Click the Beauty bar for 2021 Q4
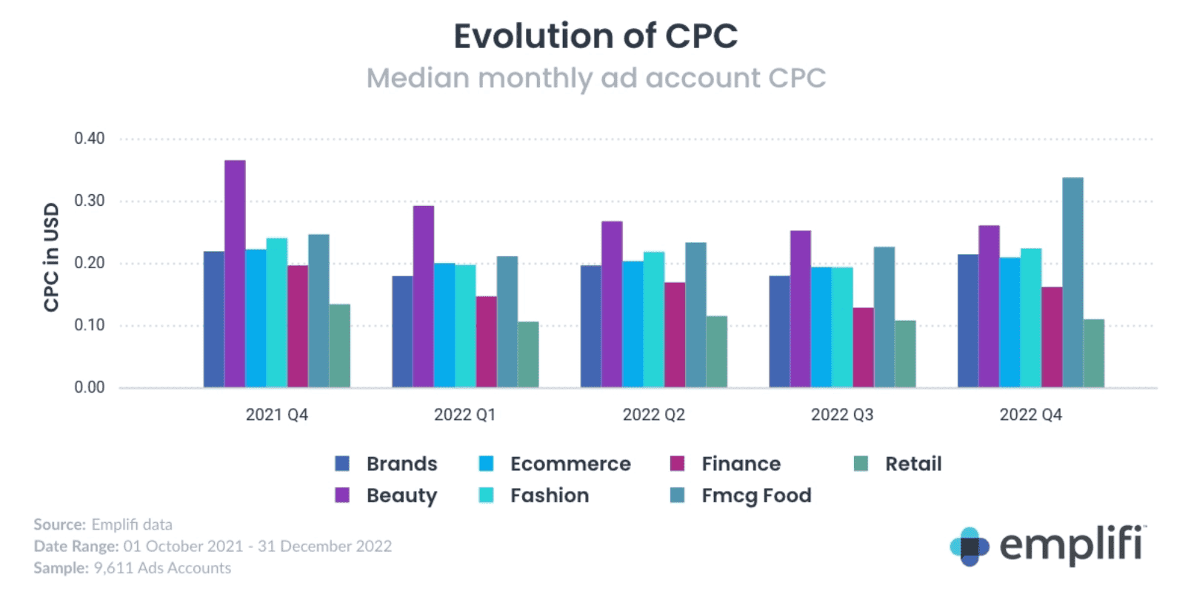click(x=235, y=273)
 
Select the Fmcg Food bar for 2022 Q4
click(x=1072, y=282)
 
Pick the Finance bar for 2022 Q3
click(x=863, y=347)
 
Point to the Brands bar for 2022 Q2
click(x=591, y=326)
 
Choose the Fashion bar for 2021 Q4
click(x=277, y=313)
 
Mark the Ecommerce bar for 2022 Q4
click(x=1010, y=322)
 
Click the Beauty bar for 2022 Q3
click(x=801, y=309)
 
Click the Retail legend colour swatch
click(x=861, y=464)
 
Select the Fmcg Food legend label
click(x=756, y=496)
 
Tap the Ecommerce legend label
click(x=570, y=464)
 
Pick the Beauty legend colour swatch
click(x=342, y=495)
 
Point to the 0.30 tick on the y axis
click(x=90, y=201)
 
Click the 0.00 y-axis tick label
click(x=90, y=387)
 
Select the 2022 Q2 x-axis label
click(x=653, y=415)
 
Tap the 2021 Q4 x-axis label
click(x=276, y=415)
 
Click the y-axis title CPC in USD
click(x=51, y=257)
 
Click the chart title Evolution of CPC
click(x=595, y=36)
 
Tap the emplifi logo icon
click(x=969, y=547)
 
